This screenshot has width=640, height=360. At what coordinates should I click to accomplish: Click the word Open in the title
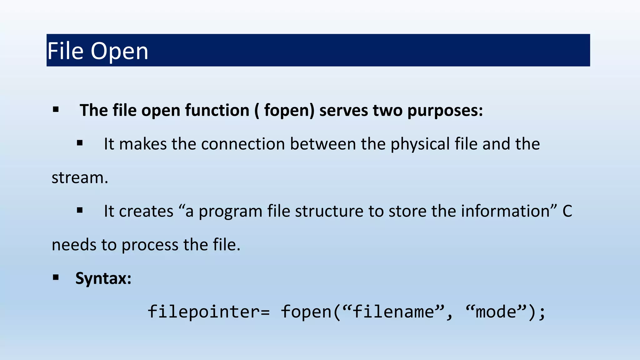[119, 51]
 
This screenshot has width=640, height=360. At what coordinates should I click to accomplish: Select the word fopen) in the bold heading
[289, 111]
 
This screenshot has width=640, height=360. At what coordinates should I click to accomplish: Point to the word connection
[243, 144]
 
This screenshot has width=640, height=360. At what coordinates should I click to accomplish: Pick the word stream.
[80, 178]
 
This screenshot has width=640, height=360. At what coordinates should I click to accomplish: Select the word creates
[146, 211]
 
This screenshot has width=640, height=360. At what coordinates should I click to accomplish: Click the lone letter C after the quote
[567, 211]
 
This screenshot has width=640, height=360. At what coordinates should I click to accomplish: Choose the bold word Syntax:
[103, 278]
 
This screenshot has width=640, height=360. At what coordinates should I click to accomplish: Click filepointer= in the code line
[208, 312]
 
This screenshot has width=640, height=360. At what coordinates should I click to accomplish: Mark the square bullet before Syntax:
[56, 277]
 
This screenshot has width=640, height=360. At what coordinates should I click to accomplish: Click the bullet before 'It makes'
[80, 143]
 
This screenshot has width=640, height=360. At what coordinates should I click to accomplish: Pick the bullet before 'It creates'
[80, 210]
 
